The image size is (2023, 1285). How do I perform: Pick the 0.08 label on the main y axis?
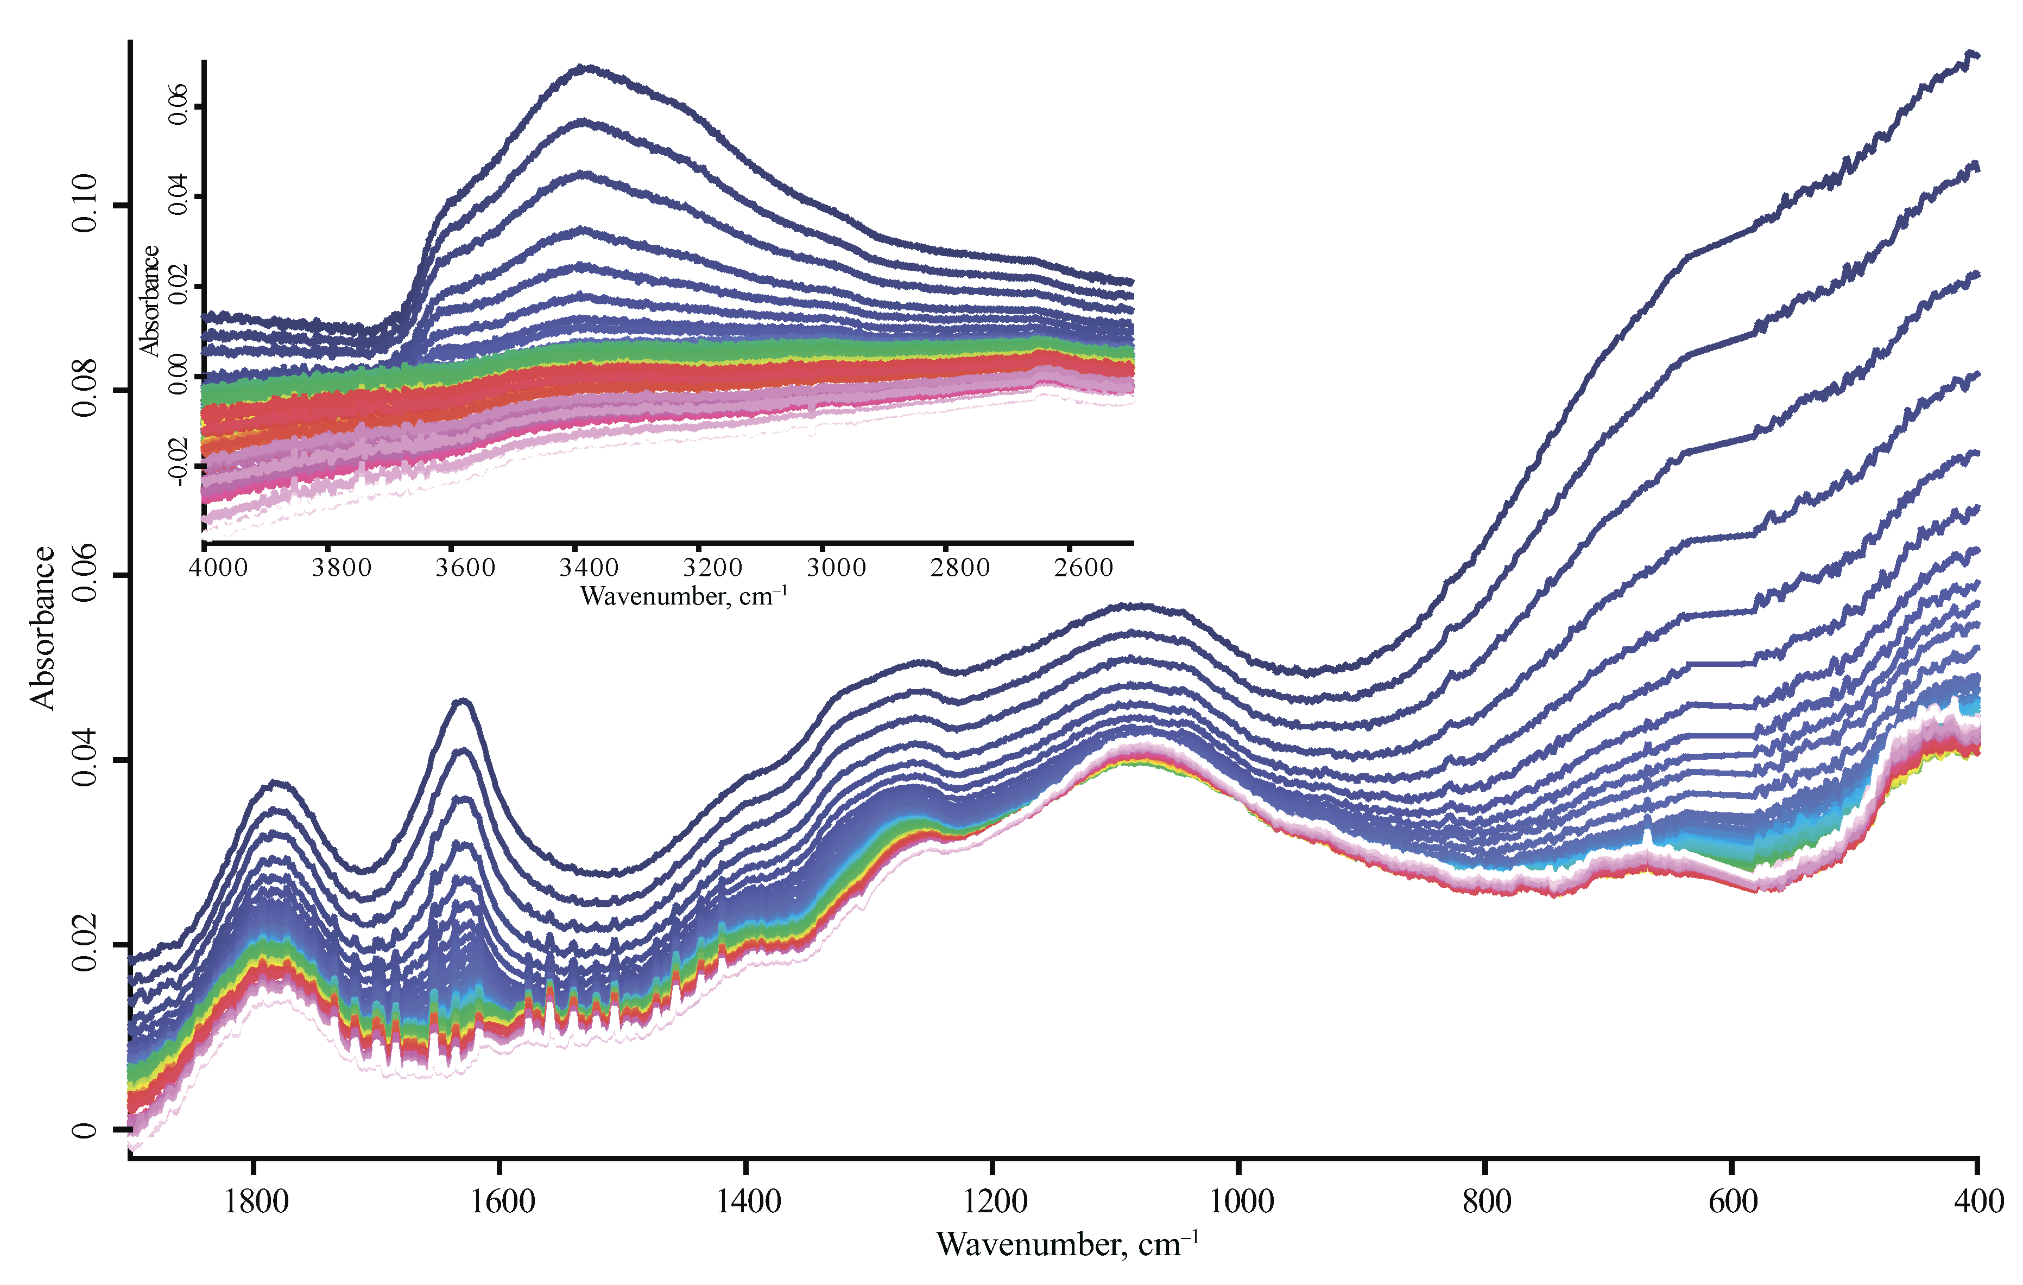[85, 389]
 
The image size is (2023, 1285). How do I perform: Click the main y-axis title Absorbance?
[42, 628]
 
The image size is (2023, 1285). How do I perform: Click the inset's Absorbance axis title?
[149, 301]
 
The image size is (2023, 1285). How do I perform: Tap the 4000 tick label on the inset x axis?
[218, 568]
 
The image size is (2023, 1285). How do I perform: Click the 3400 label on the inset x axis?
[589, 568]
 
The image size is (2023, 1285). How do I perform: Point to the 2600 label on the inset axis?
[1084, 568]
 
